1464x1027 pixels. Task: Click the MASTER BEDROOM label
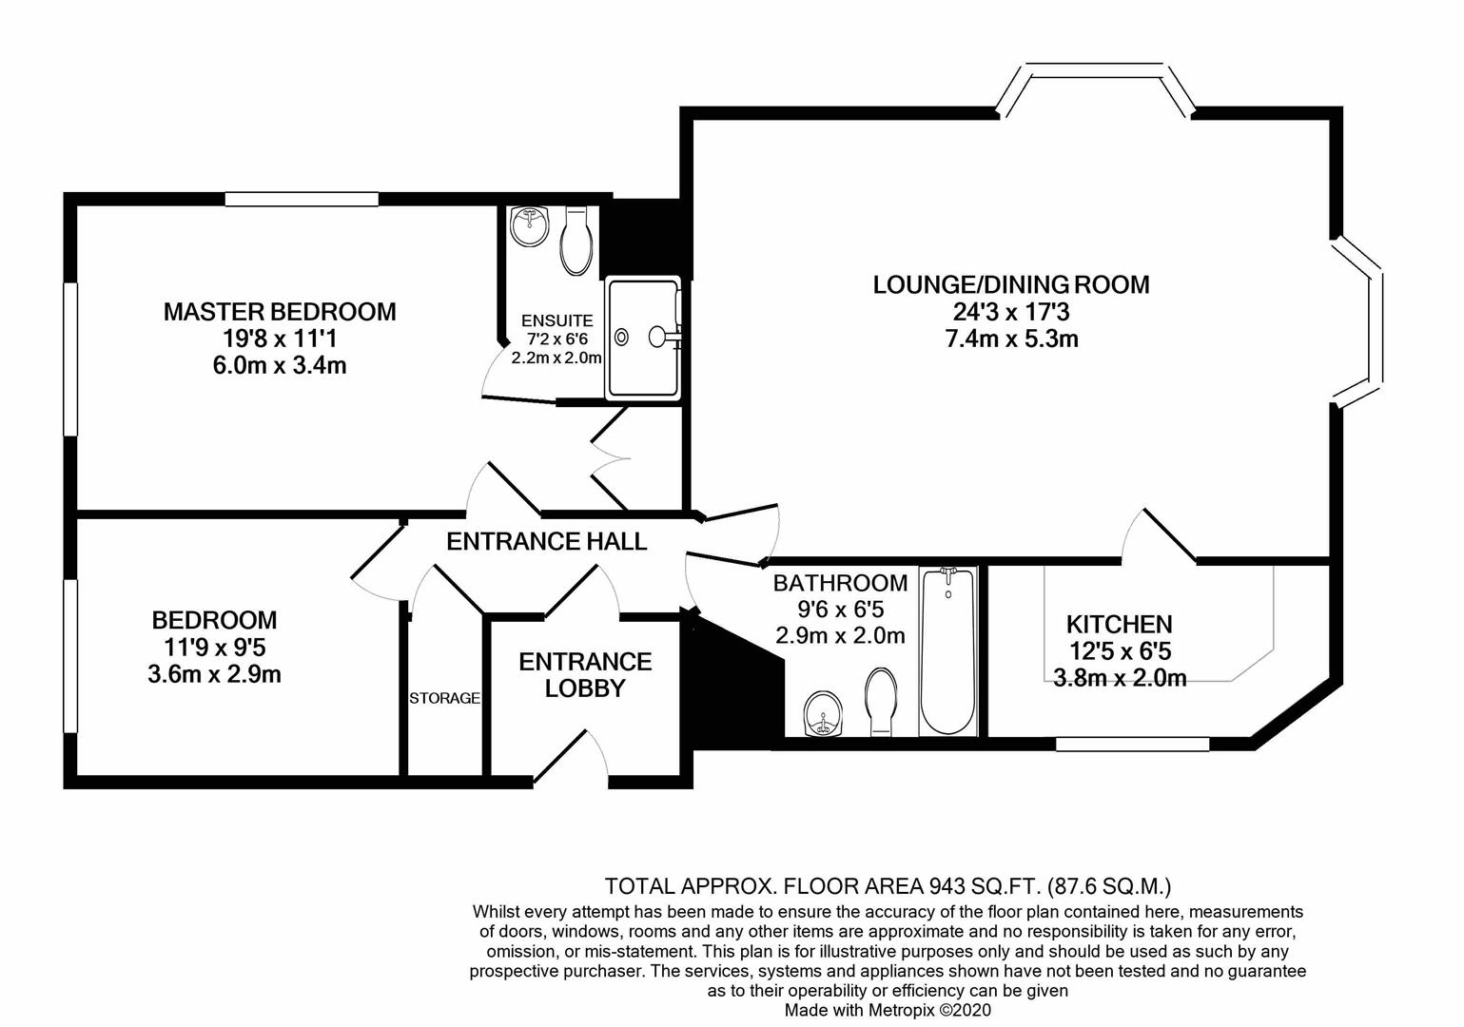coord(280,312)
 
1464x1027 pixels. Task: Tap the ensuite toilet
coord(576,241)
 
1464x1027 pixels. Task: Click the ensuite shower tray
coord(643,338)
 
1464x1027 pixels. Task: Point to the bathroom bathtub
coord(947,651)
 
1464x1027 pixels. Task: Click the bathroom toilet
coord(880,702)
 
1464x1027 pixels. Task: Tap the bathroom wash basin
coord(823,714)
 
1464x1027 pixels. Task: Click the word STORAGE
coord(444,698)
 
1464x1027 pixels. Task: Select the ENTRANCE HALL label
coord(546,541)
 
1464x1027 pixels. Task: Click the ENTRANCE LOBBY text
coord(585,675)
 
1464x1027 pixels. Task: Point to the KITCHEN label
coord(1119,625)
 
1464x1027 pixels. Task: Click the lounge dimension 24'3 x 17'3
coord(1011,312)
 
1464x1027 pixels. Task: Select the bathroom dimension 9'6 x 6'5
coord(841,610)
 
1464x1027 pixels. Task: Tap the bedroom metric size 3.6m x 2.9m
coord(214,674)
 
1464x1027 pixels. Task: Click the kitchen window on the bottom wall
coord(1133,745)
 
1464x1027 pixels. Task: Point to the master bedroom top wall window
coord(302,199)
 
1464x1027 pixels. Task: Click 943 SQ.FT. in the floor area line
coord(984,886)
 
